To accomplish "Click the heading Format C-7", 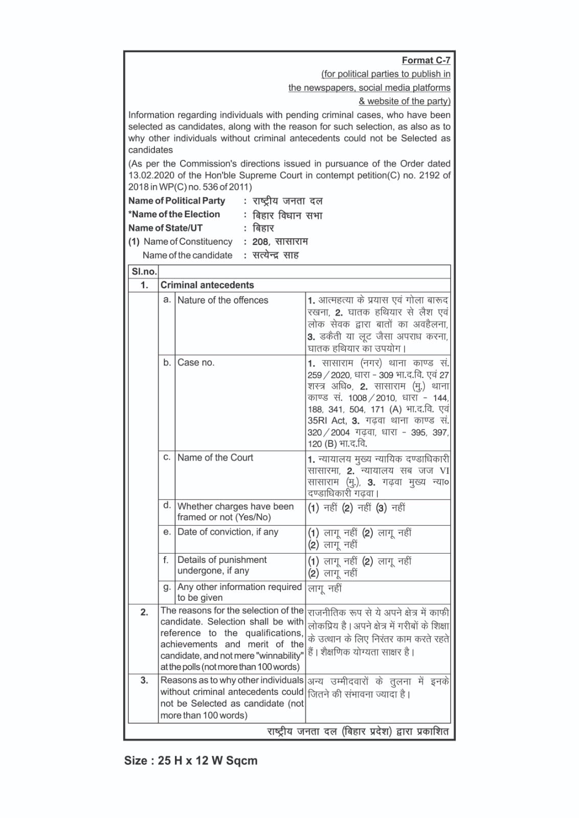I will tap(426, 60).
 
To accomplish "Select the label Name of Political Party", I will tap(176, 201).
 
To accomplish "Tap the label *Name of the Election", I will tap(174, 214).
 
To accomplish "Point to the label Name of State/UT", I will tap(165, 228).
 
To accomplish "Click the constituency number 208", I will tap(260, 242).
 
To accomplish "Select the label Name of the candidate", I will tap(187, 255).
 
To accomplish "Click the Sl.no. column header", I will tap(143, 271).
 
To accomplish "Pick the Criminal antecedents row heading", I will tap(207, 285).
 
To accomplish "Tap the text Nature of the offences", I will tap(222, 300).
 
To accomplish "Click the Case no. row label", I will tap(196, 362).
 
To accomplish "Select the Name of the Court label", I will tap(215, 458).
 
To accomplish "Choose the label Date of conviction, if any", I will tap(228, 532).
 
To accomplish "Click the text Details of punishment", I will tap(222, 560).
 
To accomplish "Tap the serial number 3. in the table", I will tap(144, 680).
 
